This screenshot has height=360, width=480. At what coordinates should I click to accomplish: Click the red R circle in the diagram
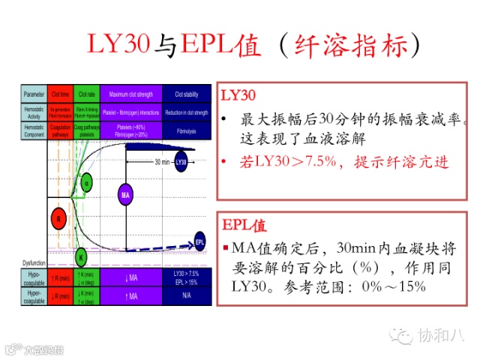coord(61,219)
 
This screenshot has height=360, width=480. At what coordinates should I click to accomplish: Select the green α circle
coord(86,183)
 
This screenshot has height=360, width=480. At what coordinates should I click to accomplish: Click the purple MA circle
coord(125,196)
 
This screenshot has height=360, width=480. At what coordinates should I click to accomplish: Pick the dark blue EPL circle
coord(199,241)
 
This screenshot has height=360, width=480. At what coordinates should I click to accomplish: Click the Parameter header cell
coord(33,94)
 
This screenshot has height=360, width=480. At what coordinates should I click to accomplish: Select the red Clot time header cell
coord(61,94)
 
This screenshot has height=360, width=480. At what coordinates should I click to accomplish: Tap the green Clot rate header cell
coord(85,94)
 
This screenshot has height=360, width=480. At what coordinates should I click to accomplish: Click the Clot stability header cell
coord(187,94)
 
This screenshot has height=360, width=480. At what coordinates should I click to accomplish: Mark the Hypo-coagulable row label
coord(33,277)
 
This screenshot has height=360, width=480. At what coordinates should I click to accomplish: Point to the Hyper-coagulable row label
coord(33,295)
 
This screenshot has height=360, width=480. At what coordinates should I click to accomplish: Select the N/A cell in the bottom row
coord(187,295)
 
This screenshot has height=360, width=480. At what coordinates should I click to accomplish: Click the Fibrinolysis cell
coord(187,130)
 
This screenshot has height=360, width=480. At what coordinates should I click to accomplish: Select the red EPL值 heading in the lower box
coord(245,226)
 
